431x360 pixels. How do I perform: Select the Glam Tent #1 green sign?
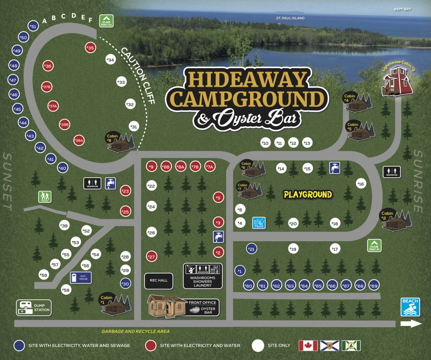click(x=374, y=245)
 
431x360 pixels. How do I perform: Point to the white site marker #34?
click(x=110, y=60)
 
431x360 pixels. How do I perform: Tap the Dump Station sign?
click(x=34, y=308)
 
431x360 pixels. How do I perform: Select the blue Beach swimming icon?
click(x=410, y=307)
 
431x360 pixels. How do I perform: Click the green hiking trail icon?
click(x=44, y=197)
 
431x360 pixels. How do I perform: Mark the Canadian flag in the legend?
click(x=308, y=346)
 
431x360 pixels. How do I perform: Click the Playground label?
click(x=308, y=195)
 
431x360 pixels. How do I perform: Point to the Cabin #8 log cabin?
click(x=120, y=141)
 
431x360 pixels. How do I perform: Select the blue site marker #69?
click(x=374, y=286)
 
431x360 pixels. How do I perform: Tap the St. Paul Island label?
click(x=290, y=18)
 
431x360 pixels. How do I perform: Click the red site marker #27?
click(x=152, y=256)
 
